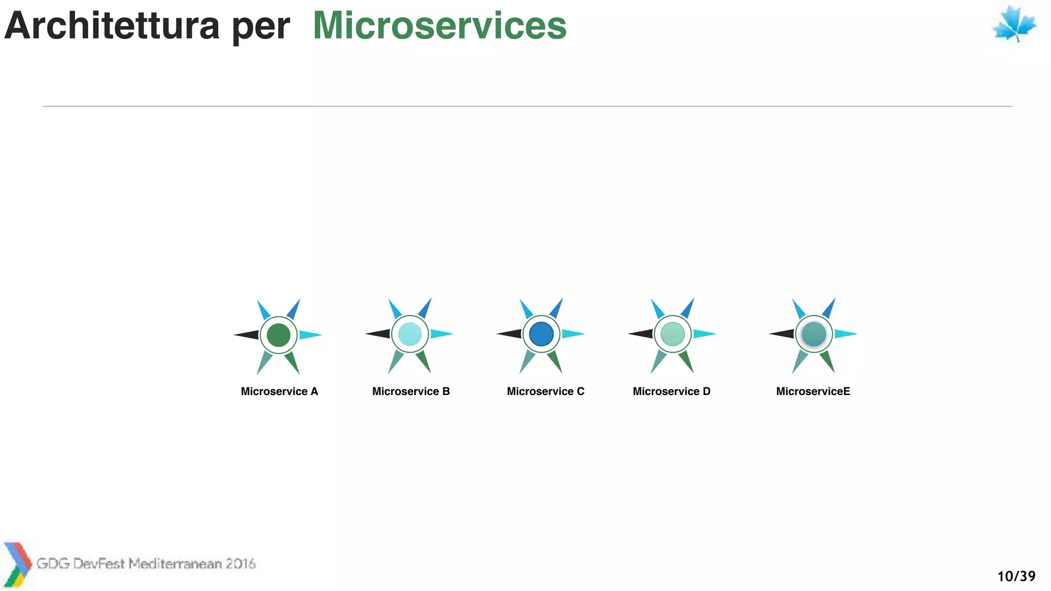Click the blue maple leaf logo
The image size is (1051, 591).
(1014, 24)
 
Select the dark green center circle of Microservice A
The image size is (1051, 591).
(279, 334)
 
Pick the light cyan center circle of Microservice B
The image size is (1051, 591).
(410, 334)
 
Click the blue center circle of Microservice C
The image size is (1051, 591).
(541, 334)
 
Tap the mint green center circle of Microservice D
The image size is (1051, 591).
(673, 334)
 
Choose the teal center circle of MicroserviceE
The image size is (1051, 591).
(814, 334)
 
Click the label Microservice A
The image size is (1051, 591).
(279, 391)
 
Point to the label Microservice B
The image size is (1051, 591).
(411, 391)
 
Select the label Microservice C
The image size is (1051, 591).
(546, 391)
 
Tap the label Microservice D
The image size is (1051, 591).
(671, 391)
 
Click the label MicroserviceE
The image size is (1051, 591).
(813, 391)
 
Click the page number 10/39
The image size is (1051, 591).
(1016, 576)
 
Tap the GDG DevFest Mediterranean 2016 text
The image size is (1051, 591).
(146, 564)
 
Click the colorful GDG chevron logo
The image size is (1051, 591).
(17, 564)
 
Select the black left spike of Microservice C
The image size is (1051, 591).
(511, 334)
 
